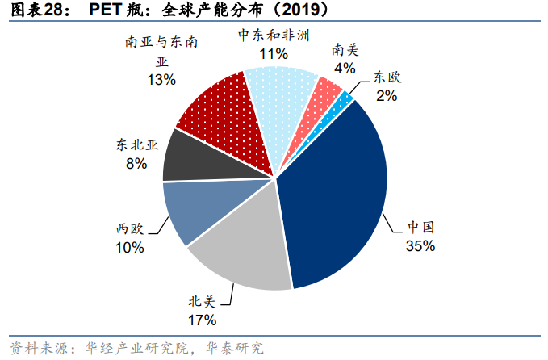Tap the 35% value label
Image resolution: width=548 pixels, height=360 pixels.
click(x=420, y=245)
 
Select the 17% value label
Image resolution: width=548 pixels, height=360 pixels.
click(x=203, y=320)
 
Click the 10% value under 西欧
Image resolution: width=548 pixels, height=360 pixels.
click(x=129, y=248)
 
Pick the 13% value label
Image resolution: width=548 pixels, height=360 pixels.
click(x=161, y=80)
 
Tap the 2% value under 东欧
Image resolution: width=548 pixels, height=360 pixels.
click(x=387, y=96)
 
